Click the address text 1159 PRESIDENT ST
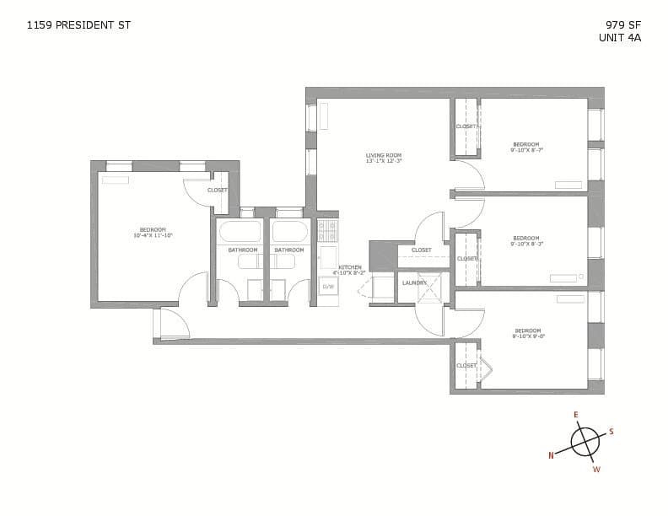(x=78, y=24)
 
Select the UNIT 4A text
(x=620, y=37)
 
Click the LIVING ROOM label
(x=383, y=155)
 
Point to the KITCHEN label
(x=350, y=267)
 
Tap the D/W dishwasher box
(x=328, y=287)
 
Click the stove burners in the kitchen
(x=327, y=230)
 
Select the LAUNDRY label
(x=414, y=282)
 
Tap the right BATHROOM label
(x=288, y=250)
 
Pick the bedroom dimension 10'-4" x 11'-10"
(x=153, y=236)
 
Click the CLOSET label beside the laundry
(x=422, y=250)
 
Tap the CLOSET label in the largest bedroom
(x=217, y=190)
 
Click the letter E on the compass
(x=576, y=415)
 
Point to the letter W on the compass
(x=595, y=470)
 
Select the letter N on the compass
(x=552, y=455)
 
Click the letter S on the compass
(x=611, y=432)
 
